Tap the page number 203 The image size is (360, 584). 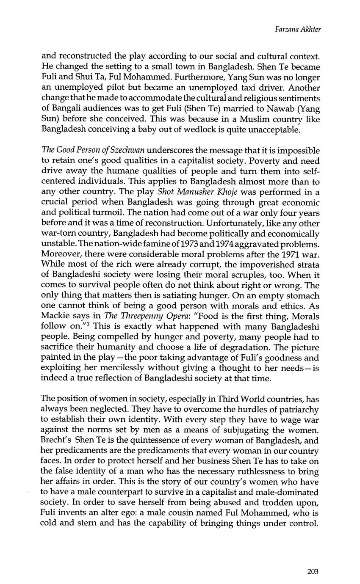coord(313,572)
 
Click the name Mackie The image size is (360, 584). coord(55,317)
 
